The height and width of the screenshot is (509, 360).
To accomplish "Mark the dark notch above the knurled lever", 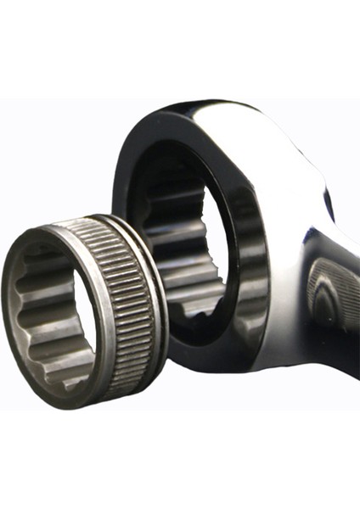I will (x=328, y=204).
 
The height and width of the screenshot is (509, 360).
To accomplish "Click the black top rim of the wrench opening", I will (x=170, y=136).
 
